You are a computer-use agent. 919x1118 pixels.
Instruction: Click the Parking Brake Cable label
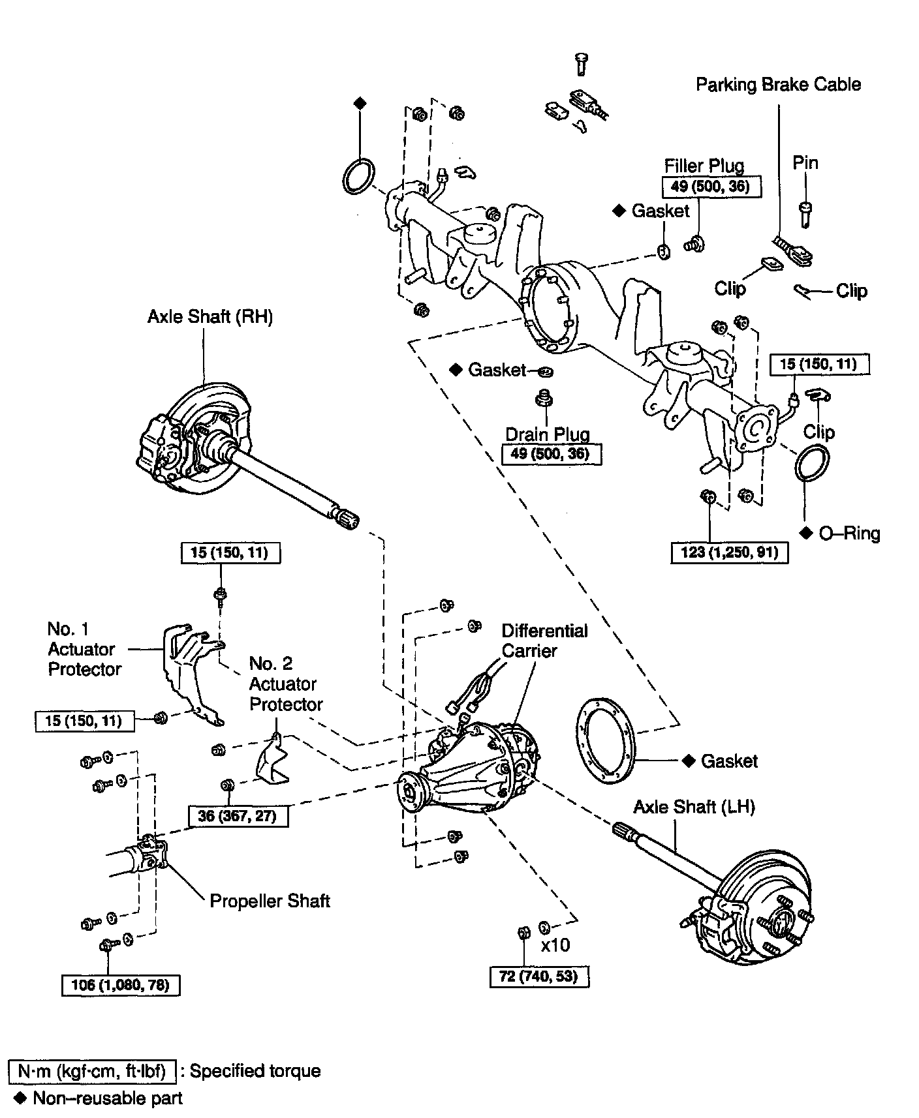(x=778, y=85)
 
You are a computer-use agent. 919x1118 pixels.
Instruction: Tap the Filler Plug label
(x=704, y=166)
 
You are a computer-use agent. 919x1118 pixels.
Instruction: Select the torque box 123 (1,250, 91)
(x=730, y=552)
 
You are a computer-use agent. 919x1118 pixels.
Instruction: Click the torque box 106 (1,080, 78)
(x=121, y=984)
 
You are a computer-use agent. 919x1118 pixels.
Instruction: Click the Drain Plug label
(x=548, y=434)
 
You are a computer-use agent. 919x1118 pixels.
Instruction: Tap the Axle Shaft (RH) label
(x=210, y=317)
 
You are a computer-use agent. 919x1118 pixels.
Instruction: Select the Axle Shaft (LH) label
(x=694, y=807)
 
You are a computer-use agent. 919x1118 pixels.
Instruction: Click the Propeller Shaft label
(x=270, y=901)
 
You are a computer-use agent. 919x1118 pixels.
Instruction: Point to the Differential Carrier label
(x=544, y=641)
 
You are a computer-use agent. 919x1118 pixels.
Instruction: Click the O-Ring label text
(x=849, y=534)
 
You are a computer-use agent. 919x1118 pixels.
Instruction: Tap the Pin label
(x=805, y=163)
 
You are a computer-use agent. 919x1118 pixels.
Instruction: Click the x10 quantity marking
(x=555, y=944)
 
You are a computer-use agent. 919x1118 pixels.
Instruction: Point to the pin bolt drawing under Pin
(x=806, y=213)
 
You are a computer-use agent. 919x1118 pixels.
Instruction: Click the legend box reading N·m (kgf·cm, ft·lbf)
(x=92, y=1071)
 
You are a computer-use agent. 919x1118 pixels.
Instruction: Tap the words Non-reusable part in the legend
(x=108, y=1098)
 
